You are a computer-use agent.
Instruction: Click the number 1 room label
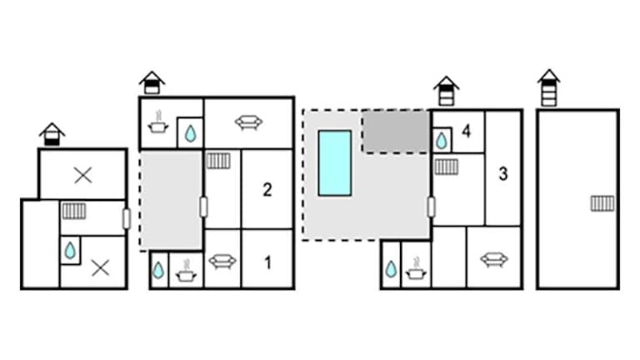tap(267, 262)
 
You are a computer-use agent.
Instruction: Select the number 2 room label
tap(267, 190)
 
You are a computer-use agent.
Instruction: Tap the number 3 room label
tap(503, 174)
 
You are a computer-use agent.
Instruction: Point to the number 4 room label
tap(466, 131)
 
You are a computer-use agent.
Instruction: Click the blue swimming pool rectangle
tap(335, 163)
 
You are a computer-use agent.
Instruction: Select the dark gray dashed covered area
tap(395, 132)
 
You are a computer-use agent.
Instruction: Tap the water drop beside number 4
tap(441, 141)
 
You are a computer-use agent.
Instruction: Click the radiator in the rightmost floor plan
tap(602, 203)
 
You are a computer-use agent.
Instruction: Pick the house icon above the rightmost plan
tap(549, 87)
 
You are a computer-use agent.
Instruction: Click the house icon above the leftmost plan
tap(52, 134)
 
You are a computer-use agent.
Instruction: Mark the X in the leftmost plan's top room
tap(83, 176)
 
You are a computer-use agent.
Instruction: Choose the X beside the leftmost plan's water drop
tap(100, 268)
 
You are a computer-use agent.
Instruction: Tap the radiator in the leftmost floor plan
tap(74, 211)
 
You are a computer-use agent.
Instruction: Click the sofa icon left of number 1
tap(222, 261)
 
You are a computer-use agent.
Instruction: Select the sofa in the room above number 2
tap(248, 122)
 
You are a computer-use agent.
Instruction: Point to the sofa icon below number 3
tap(494, 260)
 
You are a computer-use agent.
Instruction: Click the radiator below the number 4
tap(446, 167)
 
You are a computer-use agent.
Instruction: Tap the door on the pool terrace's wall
tap(431, 207)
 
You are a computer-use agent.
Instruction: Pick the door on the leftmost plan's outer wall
tap(127, 219)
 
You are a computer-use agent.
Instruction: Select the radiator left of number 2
tap(218, 161)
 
